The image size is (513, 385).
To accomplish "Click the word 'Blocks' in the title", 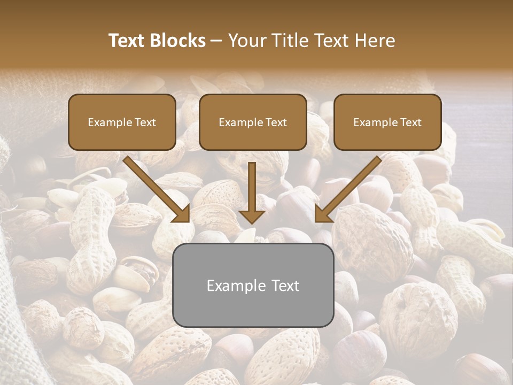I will (x=179, y=41).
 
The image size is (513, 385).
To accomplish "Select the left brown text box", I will (x=122, y=122).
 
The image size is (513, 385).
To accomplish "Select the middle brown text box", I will (x=253, y=122).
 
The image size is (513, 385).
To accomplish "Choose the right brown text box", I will (x=387, y=122).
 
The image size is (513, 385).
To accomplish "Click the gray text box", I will (x=253, y=285).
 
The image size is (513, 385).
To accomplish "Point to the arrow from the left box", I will (x=158, y=190).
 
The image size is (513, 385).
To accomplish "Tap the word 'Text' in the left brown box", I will (x=145, y=122).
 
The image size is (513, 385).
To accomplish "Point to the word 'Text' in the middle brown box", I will (x=276, y=122).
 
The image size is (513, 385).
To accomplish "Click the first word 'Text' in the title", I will (x=128, y=41).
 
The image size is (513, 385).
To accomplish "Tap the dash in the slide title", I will (x=216, y=41).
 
